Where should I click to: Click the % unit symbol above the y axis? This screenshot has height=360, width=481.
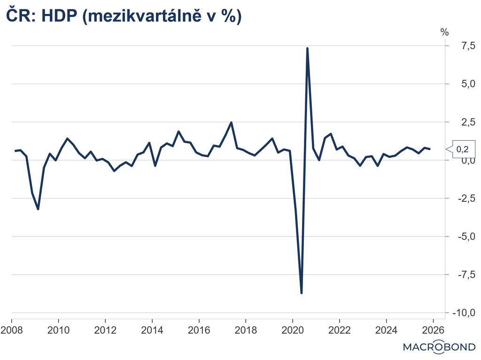tap(444, 32)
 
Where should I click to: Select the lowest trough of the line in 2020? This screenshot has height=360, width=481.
tap(301, 293)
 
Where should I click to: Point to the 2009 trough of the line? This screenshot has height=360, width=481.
tap(38, 209)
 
